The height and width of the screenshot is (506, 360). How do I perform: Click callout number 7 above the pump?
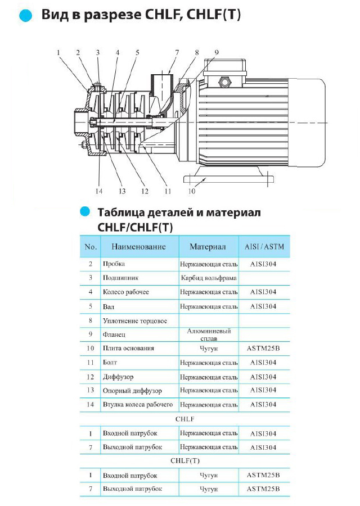(x=177, y=53)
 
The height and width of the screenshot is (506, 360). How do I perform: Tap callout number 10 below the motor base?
(x=191, y=191)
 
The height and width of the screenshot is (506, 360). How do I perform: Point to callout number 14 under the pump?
(x=99, y=191)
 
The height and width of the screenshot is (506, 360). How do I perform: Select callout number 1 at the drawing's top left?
(x=58, y=53)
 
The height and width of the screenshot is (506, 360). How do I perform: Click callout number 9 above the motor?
(x=217, y=53)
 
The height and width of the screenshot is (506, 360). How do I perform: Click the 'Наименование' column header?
(x=138, y=247)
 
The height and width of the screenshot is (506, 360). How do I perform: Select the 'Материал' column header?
(x=208, y=247)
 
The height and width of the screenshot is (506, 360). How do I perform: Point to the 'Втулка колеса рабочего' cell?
(x=138, y=405)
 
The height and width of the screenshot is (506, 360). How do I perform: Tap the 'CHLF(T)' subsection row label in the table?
(x=185, y=462)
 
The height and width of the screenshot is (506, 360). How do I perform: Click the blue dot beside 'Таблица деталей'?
(x=85, y=211)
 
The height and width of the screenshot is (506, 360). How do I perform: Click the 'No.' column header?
(x=91, y=247)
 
